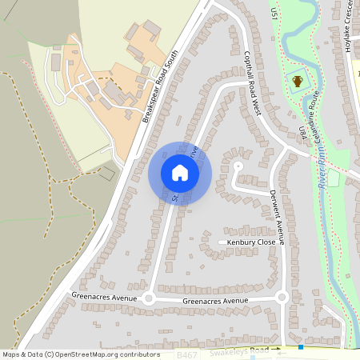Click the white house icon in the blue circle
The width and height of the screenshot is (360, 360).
pyautogui.click(x=180, y=173)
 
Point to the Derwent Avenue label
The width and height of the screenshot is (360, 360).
pyautogui.click(x=277, y=210)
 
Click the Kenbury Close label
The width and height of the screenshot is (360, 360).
pyautogui.click(x=251, y=242)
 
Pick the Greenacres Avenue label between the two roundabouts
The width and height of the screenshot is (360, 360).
pyautogui.click(x=215, y=301)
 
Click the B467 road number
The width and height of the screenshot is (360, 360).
pyautogui.click(x=186, y=353)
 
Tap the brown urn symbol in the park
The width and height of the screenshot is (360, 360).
pyautogui.click(x=298, y=81)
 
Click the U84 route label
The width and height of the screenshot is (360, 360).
pyautogui.click(x=302, y=132)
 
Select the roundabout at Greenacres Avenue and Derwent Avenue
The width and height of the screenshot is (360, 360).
pyautogui.click(x=282, y=298)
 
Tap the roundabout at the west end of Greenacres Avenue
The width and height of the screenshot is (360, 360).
pyautogui.click(x=148, y=298)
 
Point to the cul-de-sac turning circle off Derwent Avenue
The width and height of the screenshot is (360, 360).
pyautogui.click(x=238, y=166)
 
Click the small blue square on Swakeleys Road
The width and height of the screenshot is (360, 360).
pyautogui.click(x=301, y=348)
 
